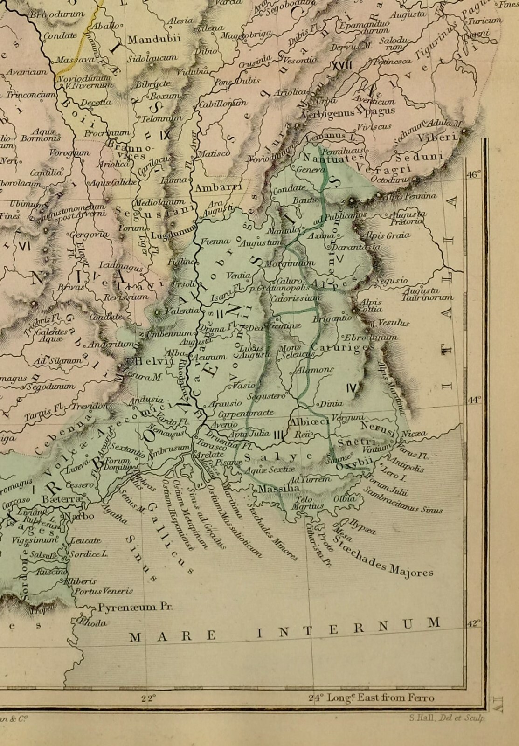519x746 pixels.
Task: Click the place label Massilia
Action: [278, 489]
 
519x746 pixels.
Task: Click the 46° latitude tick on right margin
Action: [474, 174]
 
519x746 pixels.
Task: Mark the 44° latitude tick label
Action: [474, 400]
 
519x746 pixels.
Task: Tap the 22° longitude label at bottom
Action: [148, 698]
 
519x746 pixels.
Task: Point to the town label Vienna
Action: [215, 241]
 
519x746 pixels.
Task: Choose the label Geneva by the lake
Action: [310, 170]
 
